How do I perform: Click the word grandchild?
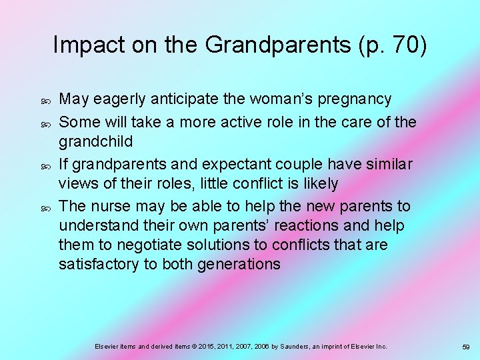coord(95,142)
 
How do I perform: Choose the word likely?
coord(317,183)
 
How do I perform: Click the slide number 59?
coord(466,347)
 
